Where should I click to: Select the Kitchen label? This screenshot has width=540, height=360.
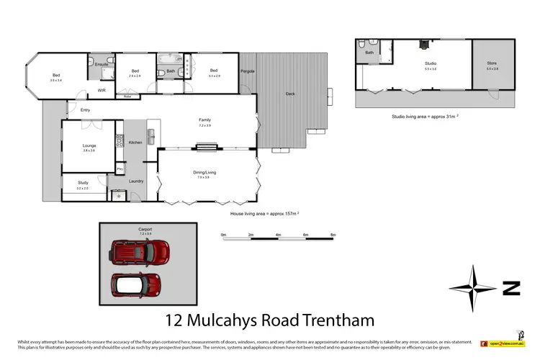pyautogui.click(x=135, y=143)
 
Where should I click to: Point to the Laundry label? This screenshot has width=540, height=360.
pyautogui.click(x=136, y=181)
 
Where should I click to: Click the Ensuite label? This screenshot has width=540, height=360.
pyautogui.click(x=102, y=65)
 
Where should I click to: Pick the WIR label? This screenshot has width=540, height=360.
pyautogui.click(x=102, y=90)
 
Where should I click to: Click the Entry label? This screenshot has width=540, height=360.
pyautogui.click(x=86, y=110)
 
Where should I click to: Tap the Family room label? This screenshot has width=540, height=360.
pyautogui.click(x=205, y=120)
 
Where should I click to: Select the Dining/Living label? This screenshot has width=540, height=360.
pyautogui.click(x=205, y=172)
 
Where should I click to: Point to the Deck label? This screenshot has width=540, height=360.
pyautogui.click(x=289, y=93)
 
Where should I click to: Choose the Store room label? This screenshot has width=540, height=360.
pyautogui.click(x=492, y=63)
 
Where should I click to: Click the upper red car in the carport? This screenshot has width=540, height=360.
pyautogui.click(x=140, y=251)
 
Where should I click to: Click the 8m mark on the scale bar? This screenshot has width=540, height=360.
pyautogui.click(x=333, y=235)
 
